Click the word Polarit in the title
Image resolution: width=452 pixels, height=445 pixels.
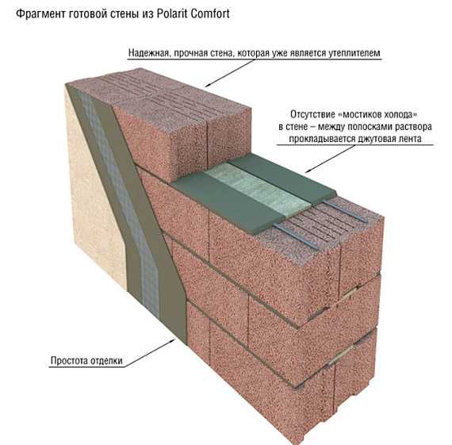pyautogui.click(x=172, y=13)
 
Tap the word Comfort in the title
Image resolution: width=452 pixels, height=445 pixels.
pyautogui.click(x=210, y=13)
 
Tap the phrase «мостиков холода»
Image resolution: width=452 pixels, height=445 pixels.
pyautogui.click(x=377, y=114)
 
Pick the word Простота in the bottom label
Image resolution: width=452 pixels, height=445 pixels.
pyautogui.click(x=69, y=360)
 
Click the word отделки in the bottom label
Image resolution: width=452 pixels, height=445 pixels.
pyautogui.click(x=106, y=361)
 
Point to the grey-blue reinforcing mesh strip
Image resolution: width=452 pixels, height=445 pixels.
pyautogui.click(x=121, y=202)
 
